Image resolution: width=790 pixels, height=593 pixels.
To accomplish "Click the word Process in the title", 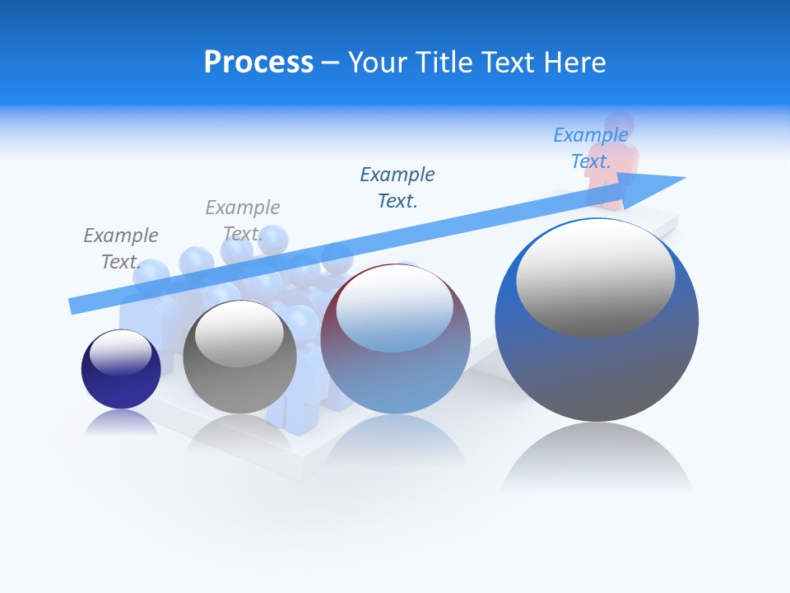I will coord(258,63).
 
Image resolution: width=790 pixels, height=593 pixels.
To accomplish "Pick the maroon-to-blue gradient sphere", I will coord(395,371).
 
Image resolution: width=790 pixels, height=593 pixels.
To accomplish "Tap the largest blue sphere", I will coord(597,371).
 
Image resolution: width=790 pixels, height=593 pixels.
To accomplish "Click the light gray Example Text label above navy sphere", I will coord(120,248).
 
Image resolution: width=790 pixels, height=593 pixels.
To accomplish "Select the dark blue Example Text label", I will coord(397,187).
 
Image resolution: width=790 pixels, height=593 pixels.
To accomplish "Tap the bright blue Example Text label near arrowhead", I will coord(590,147).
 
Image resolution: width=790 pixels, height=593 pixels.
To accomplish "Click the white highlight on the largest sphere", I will coord(595,276).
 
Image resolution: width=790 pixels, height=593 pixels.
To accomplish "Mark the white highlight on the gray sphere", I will coord(239,333).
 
